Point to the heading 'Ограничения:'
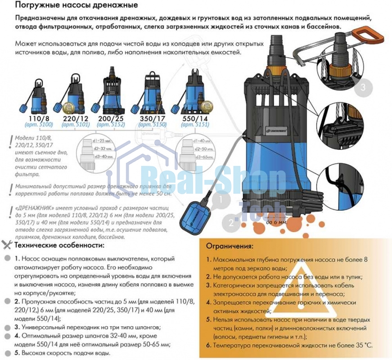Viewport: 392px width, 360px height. click(x=230, y=247)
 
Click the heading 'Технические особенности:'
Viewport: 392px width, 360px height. click(x=59, y=245)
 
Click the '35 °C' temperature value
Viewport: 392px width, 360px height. click(x=363, y=346)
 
